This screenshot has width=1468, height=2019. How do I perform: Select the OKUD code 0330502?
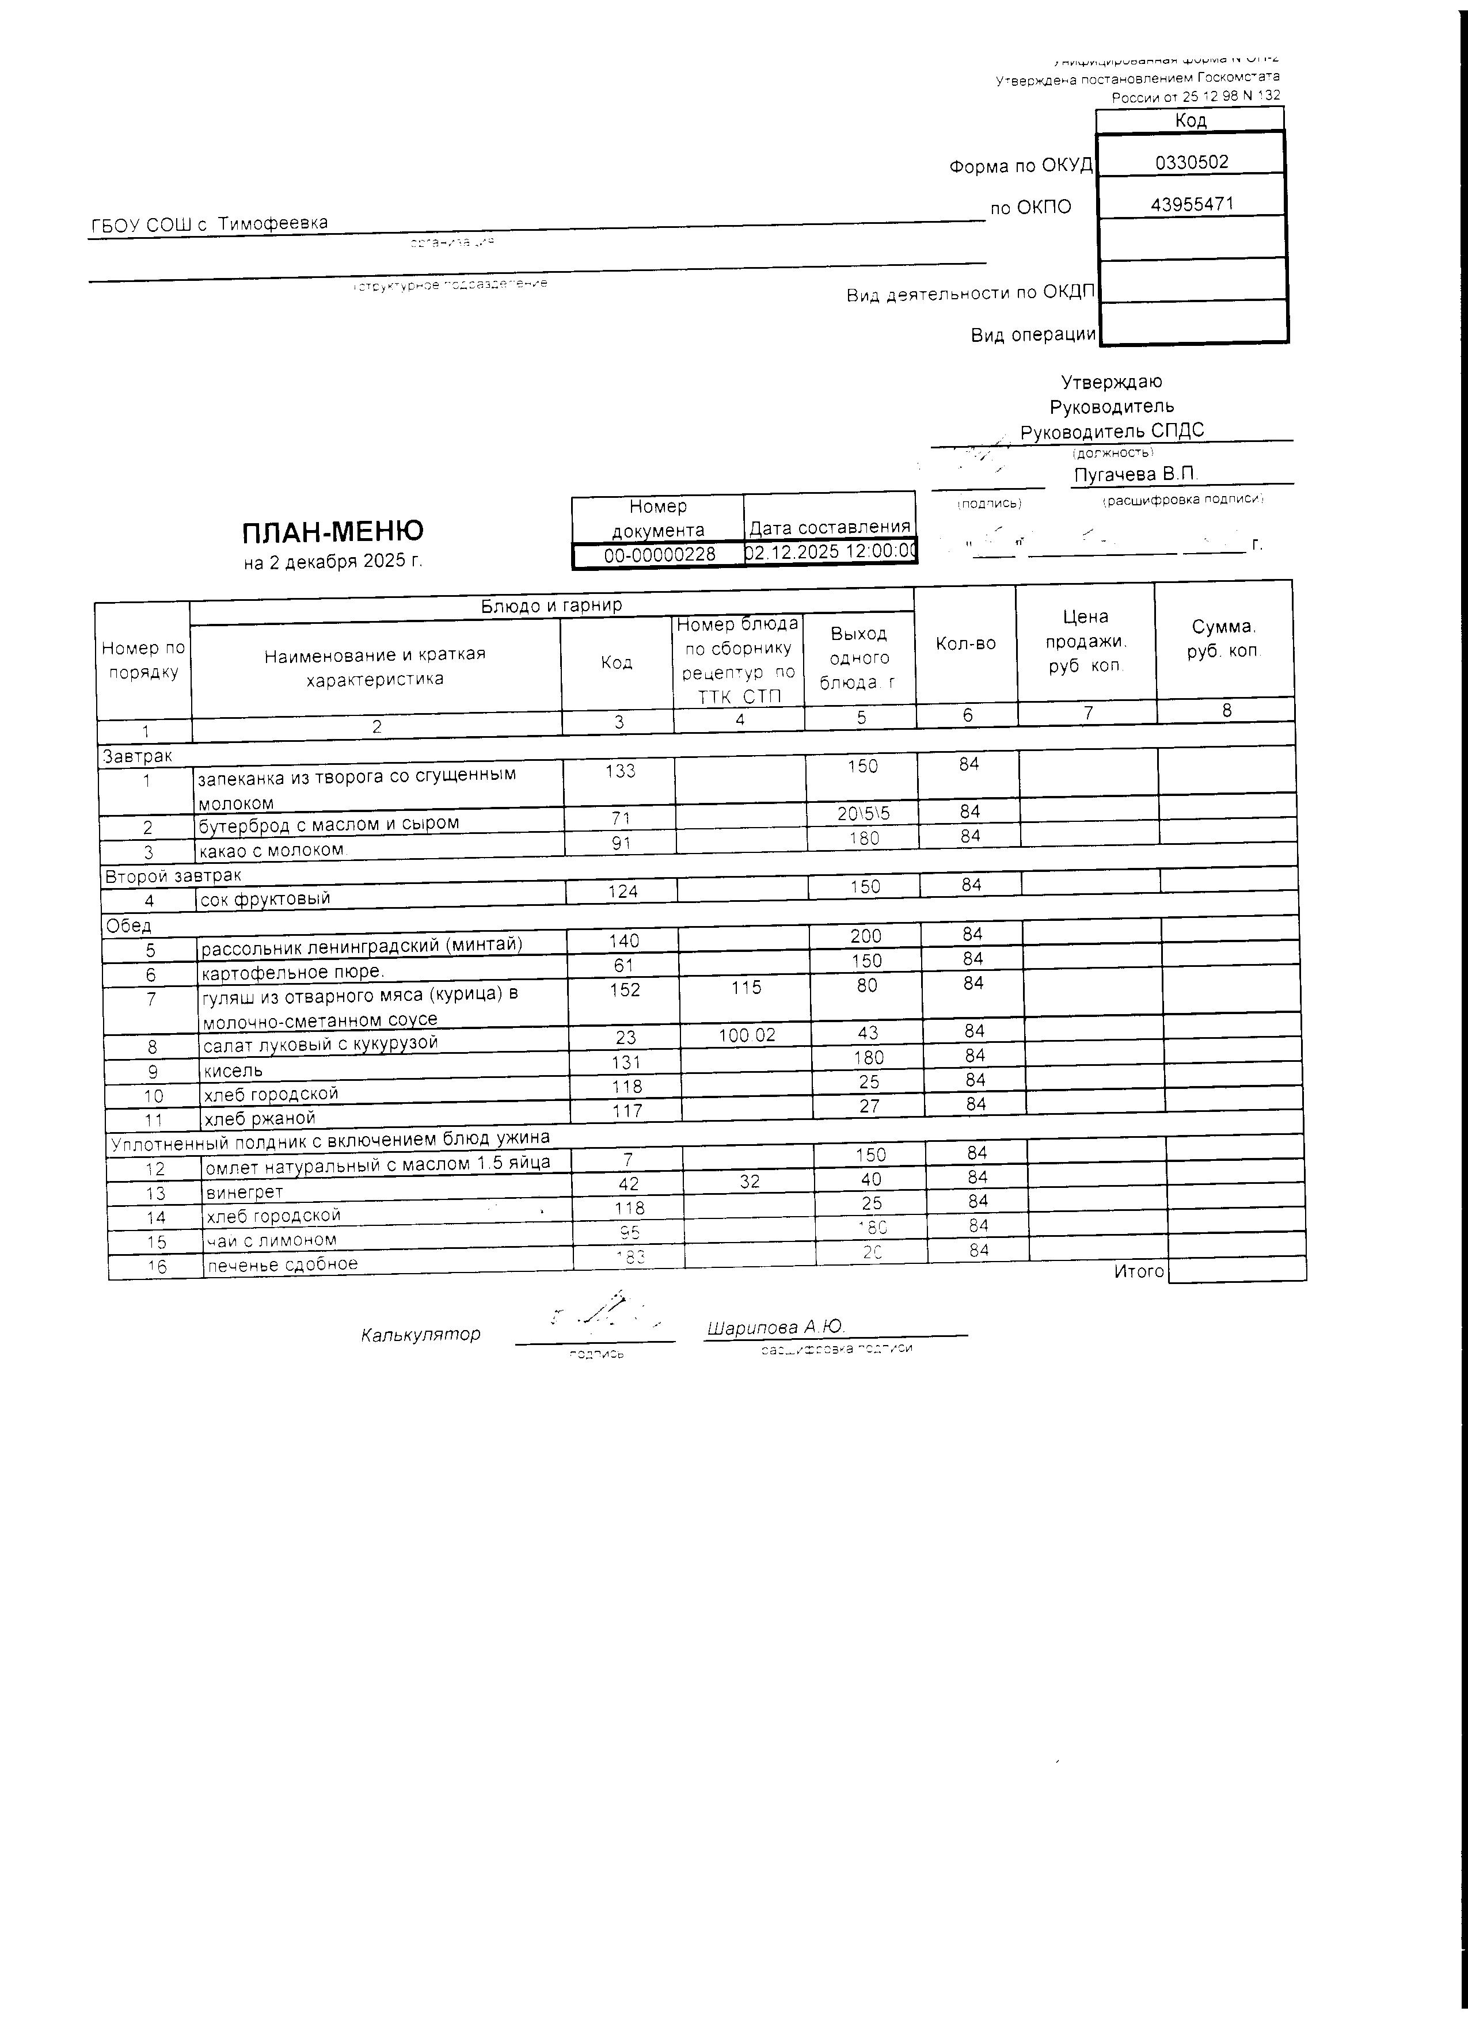(1191, 162)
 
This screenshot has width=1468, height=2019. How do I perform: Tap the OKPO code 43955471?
(1191, 204)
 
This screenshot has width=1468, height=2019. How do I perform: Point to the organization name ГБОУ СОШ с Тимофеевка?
(210, 223)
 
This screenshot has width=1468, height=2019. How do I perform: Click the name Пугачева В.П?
(1135, 474)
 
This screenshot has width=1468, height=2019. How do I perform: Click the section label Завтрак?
(137, 756)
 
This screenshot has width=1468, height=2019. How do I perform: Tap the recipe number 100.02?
(746, 1034)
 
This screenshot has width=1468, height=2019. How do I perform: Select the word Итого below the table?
(1139, 1271)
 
